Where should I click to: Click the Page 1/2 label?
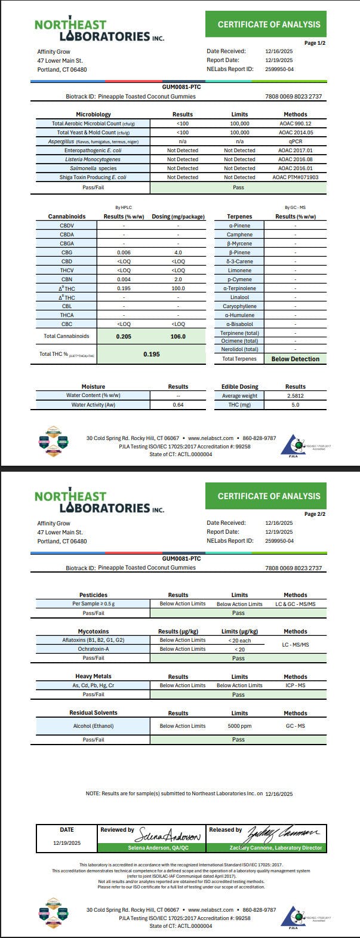(315, 43)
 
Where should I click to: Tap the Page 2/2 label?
(315, 514)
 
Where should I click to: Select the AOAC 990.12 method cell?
(295, 123)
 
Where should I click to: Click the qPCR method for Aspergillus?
(295, 141)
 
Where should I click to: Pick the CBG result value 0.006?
(124, 253)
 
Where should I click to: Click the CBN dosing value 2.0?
(178, 279)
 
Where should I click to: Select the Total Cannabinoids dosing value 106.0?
(178, 336)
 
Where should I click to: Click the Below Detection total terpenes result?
(295, 359)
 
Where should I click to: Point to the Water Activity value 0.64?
(178, 405)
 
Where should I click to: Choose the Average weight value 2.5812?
(295, 396)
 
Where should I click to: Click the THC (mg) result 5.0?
(295, 405)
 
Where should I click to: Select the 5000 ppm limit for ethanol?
(239, 726)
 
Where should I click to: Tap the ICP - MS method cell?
(295, 685)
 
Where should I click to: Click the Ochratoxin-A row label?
(93, 649)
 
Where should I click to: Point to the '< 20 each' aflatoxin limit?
(239, 640)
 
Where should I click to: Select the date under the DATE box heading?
(67, 842)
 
